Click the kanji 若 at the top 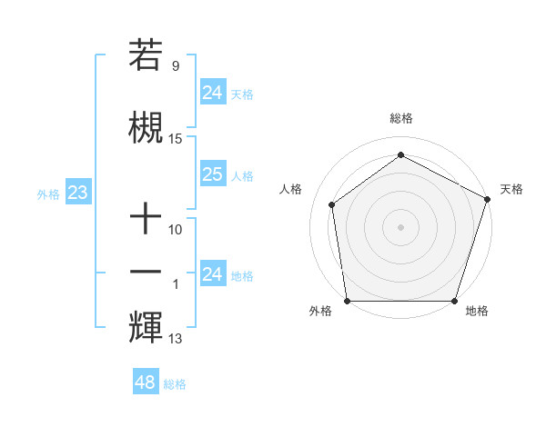point(146,55)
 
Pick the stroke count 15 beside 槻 point(176,139)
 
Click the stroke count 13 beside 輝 point(176,340)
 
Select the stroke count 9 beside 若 point(176,66)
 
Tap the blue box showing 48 point(146,382)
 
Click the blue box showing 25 point(212,174)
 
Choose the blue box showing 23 point(77,193)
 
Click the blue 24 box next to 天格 point(212,92)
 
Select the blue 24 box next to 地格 point(212,274)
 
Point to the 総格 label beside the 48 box point(175,384)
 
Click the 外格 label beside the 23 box point(47,194)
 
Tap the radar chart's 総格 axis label point(400,118)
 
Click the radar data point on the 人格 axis point(332,204)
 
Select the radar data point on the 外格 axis point(348,301)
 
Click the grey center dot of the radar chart point(400,226)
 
